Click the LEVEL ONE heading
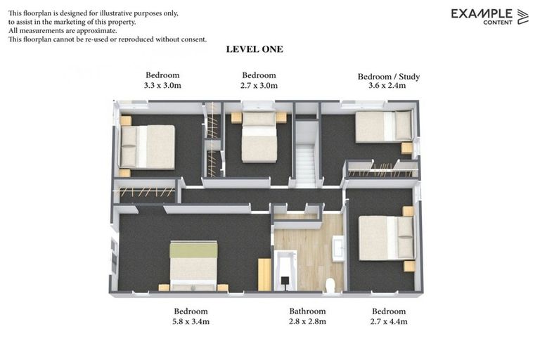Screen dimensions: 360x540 click(255, 49)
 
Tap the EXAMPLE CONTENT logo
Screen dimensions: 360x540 click(489, 16)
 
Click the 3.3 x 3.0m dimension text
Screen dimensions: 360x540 click(162, 86)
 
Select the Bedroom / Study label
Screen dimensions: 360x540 click(388, 76)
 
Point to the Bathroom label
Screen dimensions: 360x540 click(307, 311)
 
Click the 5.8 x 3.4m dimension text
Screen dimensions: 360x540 click(191, 321)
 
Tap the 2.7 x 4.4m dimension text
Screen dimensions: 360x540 click(389, 321)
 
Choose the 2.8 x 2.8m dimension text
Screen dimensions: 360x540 click(307, 321)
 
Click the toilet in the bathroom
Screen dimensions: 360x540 click(330, 285)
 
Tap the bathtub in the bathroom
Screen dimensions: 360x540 click(286, 271)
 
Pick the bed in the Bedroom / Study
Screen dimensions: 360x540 click(383, 126)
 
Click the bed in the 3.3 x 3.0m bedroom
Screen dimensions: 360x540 click(148, 146)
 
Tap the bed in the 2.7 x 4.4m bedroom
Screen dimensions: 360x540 click(386, 238)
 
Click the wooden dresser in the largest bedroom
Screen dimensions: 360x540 click(264, 274)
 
